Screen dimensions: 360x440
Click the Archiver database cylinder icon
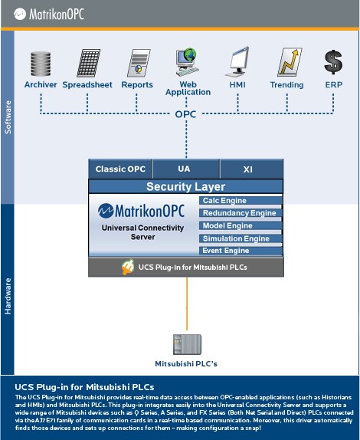[41, 64]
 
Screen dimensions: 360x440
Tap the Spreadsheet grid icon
[88, 63]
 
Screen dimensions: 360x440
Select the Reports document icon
[139, 63]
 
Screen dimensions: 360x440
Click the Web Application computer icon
[188, 62]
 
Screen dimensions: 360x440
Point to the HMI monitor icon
[237, 62]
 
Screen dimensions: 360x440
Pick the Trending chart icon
[290, 62]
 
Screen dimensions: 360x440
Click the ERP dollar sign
[333, 62]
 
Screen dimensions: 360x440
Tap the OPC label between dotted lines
[185, 114]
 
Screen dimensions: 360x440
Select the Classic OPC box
[120, 169]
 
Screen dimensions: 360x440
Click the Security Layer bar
[185, 186]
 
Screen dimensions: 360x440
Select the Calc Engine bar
[241, 201]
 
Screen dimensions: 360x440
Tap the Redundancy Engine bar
[241, 213]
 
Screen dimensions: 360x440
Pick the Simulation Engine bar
[241, 238]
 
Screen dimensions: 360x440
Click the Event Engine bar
[241, 251]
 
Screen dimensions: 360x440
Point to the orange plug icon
[128, 267]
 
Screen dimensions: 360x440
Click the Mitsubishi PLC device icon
[187, 344]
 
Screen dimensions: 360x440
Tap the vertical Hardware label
[8, 296]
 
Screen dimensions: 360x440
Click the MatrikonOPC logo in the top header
[49, 14]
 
